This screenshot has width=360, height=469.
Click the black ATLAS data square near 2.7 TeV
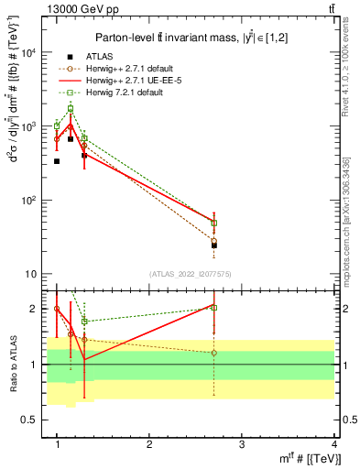pos(214,245)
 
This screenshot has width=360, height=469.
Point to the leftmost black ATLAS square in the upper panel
pos(57,161)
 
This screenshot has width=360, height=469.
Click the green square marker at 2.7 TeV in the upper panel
pos(214,223)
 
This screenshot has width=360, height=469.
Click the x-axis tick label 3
pos(242,444)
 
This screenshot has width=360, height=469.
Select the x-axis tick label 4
pos(333,444)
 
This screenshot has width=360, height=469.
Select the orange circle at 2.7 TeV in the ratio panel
pos(214,353)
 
